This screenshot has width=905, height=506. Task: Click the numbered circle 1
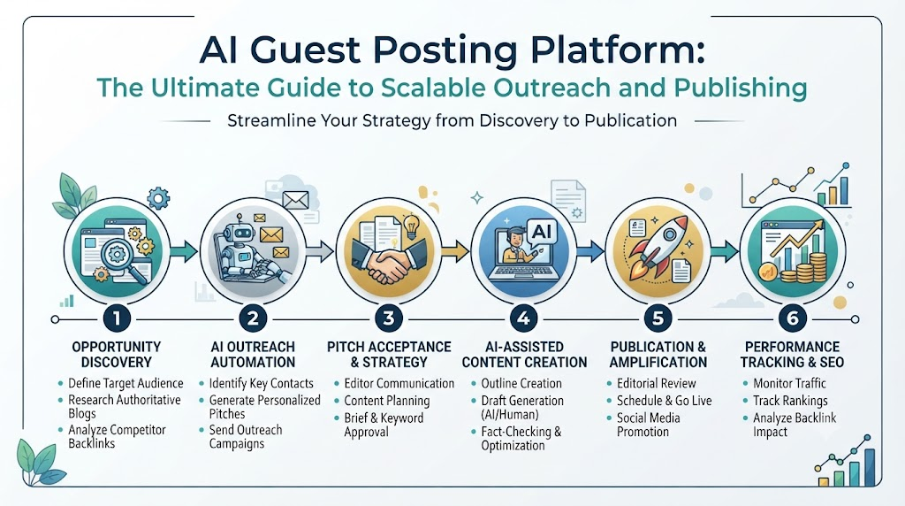[117, 318]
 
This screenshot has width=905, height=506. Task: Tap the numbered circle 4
[523, 318]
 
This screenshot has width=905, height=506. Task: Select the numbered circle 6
[793, 318]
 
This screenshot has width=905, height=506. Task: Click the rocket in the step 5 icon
[658, 245]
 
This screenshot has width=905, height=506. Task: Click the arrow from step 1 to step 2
[184, 251]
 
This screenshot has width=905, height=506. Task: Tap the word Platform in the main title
[617, 50]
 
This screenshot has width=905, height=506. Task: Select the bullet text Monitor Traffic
[789, 383]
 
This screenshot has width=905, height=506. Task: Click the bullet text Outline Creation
[521, 383]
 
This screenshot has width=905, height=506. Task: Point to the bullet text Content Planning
[387, 401]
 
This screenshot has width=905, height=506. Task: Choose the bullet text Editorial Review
[657, 383]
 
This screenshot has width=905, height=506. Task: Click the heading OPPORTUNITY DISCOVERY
[117, 354]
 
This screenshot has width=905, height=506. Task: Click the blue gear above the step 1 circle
[158, 199]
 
